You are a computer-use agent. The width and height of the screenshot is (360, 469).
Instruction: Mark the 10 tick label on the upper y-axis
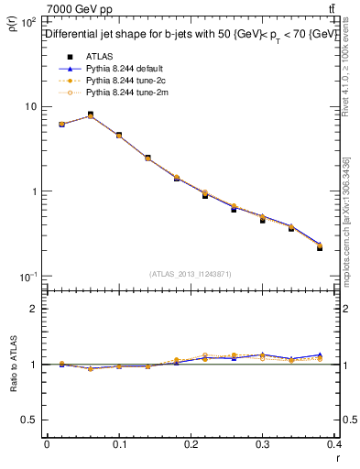(30, 107)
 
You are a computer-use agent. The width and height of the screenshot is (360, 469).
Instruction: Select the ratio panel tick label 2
(34, 309)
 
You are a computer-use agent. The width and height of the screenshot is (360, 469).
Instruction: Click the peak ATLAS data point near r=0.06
(90, 115)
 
